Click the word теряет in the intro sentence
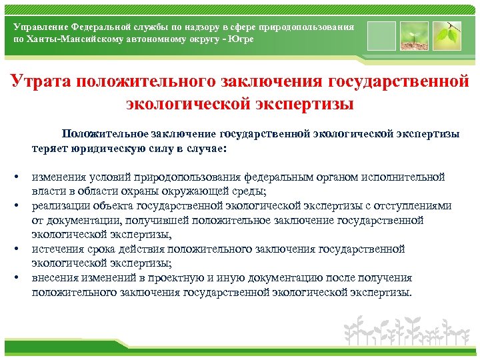click(x=47, y=148)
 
